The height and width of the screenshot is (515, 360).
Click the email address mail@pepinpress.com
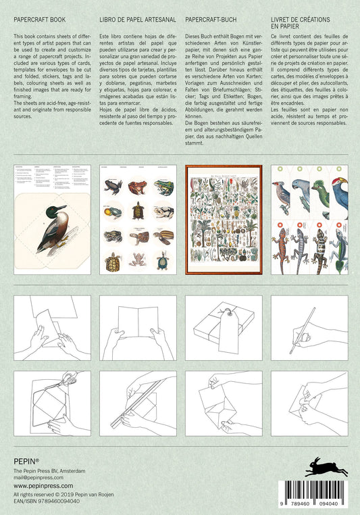pos(38,476)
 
